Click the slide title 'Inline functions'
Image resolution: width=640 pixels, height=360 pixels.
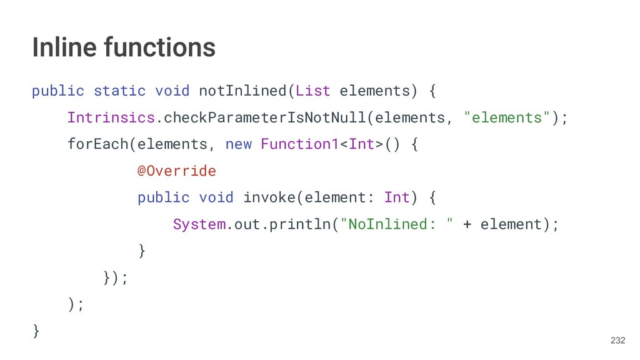pos(124,47)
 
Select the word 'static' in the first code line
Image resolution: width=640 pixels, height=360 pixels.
pos(119,91)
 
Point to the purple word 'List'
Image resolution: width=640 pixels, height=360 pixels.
pos(312,91)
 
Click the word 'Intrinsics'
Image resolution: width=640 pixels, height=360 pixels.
pos(111,117)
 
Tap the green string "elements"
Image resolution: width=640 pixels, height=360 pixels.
pos(507,117)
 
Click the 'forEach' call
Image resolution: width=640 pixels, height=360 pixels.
pos(97,144)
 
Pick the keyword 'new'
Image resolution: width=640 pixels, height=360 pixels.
pos(238,144)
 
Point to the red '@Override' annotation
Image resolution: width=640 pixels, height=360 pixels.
pos(176,171)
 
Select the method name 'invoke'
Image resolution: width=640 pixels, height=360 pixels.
pos(269,197)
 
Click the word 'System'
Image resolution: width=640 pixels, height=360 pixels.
pos(199,224)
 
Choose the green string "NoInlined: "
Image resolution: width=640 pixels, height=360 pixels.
pos(396,224)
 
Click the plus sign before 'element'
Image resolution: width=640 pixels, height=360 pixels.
pos(467,224)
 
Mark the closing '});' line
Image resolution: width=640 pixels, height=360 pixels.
pos(115,277)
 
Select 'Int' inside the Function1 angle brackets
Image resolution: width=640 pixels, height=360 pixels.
pos(361,144)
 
